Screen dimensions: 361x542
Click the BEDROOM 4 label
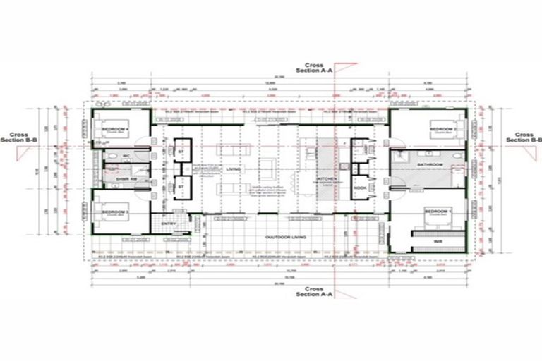(115, 130)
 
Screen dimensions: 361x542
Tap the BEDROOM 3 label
(115, 212)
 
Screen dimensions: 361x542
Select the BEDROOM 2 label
(442, 130)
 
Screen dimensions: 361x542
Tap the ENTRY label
(168, 224)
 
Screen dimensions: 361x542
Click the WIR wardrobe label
(428, 241)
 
